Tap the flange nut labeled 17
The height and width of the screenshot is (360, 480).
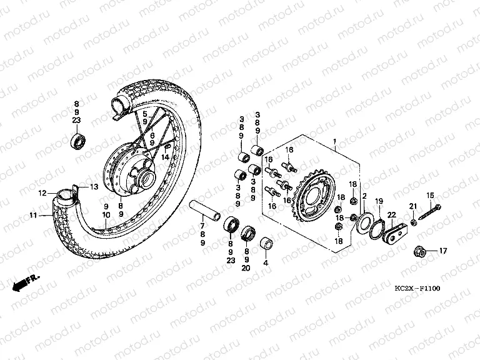pos(419,251)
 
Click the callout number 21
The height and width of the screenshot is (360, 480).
pos(413,206)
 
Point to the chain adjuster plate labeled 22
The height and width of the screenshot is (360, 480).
pos(394,232)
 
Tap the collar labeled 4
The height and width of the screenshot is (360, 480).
pos(266,242)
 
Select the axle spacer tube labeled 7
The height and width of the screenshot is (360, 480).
pos(205,210)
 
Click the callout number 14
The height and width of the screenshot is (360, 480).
pos(165,157)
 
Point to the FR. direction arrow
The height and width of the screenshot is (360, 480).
pos(26,282)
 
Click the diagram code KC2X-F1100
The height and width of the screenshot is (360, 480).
pos(417,288)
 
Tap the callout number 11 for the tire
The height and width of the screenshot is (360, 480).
pos(33,216)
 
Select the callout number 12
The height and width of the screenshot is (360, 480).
pos(42,193)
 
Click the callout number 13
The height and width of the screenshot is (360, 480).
pos(94,186)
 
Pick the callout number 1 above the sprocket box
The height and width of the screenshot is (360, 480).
pos(334,141)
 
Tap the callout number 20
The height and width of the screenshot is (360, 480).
pos(246,268)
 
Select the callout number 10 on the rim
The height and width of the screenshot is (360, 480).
pos(106,215)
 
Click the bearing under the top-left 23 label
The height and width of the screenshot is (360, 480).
pos(78,141)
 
